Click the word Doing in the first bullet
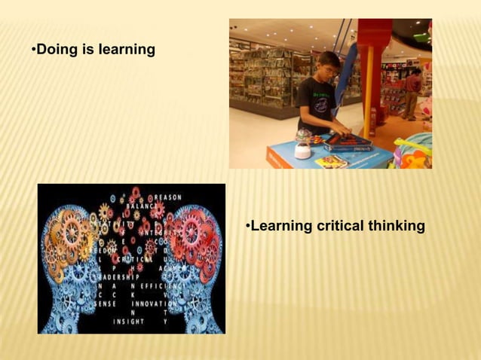[x=54, y=50]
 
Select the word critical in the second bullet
[x=335, y=226]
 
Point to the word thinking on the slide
[x=396, y=226]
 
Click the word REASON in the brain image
[x=167, y=197]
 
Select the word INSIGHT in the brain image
[x=129, y=321]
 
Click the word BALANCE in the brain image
[x=142, y=206]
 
